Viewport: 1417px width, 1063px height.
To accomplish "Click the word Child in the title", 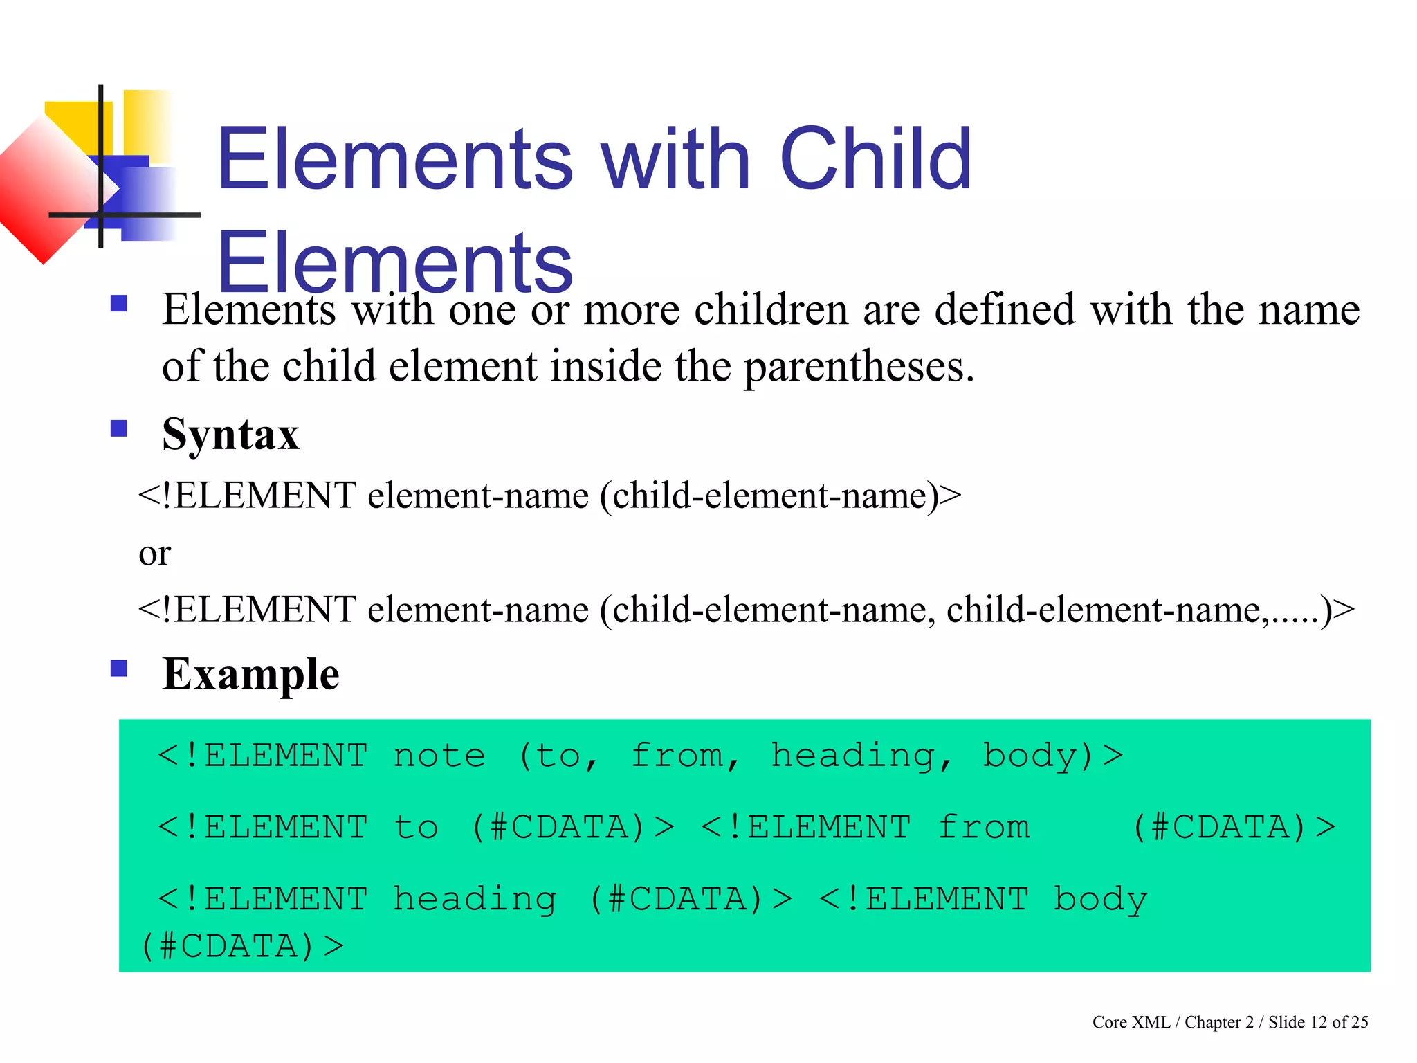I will point(875,159).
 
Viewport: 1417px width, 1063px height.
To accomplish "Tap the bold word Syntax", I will point(230,435).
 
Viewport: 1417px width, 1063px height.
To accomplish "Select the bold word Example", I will point(250,674).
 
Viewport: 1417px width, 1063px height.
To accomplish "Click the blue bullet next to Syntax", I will point(119,428).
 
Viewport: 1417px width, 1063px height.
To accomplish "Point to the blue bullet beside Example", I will point(119,668).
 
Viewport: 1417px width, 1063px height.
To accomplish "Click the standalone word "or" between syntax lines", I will point(154,554).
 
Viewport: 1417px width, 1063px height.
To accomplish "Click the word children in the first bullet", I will point(771,309).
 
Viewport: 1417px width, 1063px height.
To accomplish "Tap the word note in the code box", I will point(439,756).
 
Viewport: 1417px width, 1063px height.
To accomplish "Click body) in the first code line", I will point(1038,756).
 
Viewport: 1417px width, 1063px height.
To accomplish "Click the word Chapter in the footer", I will point(1213,1022).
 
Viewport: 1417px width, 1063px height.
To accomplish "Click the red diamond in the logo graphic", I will point(43,190).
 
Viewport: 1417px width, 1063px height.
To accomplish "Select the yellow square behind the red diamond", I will point(76,125).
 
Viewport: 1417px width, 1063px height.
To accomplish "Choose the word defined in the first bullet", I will point(1005,309).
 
